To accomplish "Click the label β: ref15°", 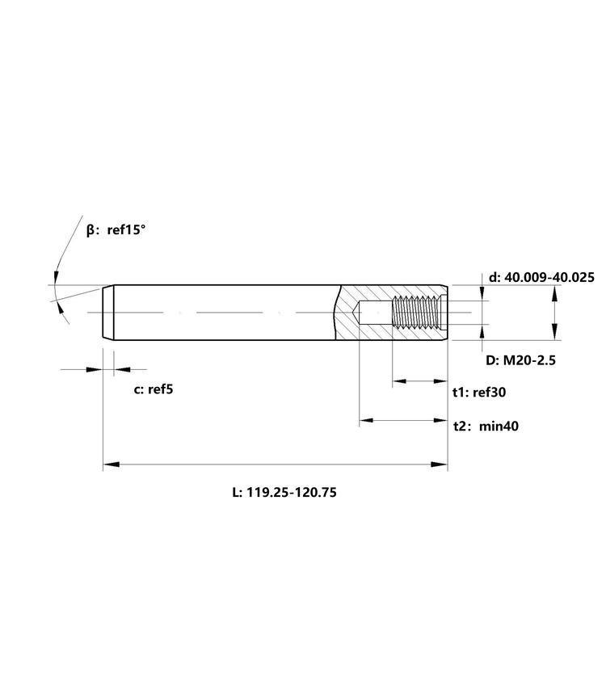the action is [x=116, y=229].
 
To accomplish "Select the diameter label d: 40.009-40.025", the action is [x=541, y=277].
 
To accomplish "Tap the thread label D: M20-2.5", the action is [x=520, y=360].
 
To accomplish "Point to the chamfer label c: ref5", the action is [x=154, y=389].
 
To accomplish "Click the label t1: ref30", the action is [x=479, y=392].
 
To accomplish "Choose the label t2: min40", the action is [x=486, y=426].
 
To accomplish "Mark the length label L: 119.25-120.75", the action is [x=284, y=492].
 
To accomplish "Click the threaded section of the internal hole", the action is [x=416, y=313].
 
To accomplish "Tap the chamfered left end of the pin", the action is [x=108, y=313].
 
